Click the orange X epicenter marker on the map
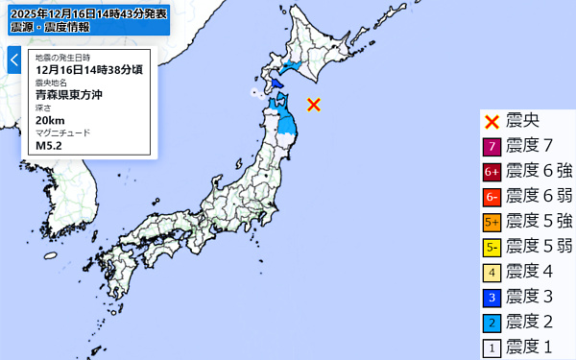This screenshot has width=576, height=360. click(x=313, y=105)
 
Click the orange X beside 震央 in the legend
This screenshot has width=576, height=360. click(x=491, y=121)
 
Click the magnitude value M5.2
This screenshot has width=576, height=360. click(x=49, y=145)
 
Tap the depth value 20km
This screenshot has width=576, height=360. click(x=50, y=120)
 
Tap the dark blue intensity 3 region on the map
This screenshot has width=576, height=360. click(x=276, y=84)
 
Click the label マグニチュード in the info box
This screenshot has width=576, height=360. click(x=61, y=132)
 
